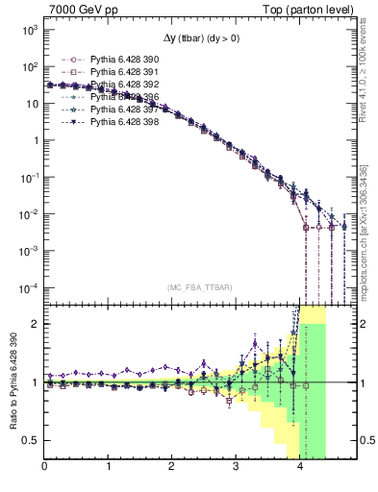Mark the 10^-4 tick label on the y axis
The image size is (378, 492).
[29, 288]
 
